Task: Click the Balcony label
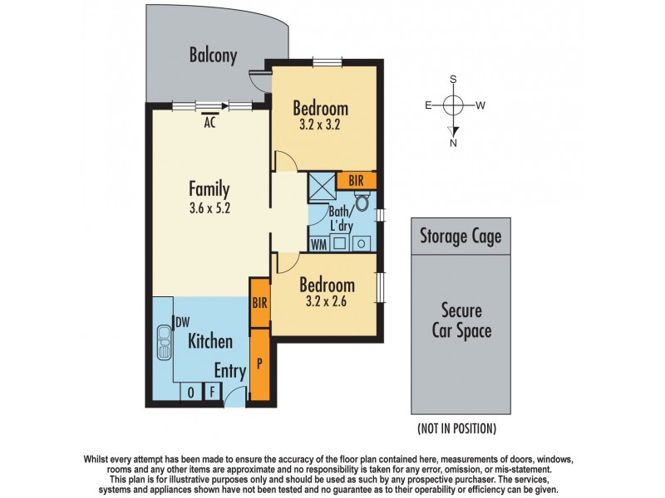pyautogui.click(x=213, y=56)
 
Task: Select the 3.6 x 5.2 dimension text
pyautogui.click(x=209, y=208)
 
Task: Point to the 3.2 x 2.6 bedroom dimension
pyautogui.click(x=327, y=302)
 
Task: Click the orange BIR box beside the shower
pyautogui.click(x=357, y=181)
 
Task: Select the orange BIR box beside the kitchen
pyautogui.click(x=259, y=303)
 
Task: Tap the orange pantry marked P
pyautogui.click(x=260, y=363)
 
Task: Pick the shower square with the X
pyautogui.click(x=321, y=183)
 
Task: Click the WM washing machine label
pyautogui.click(x=318, y=243)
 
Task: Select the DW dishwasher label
pyautogui.click(x=180, y=322)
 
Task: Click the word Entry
pyautogui.click(x=229, y=370)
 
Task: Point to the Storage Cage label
pyautogui.click(x=460, y=237)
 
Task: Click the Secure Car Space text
pyautogui.click(x=461, y=321)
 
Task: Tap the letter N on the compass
pyautogui.click(x=453, y=142)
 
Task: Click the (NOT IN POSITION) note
pyautogui.click(x=456, y=428)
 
